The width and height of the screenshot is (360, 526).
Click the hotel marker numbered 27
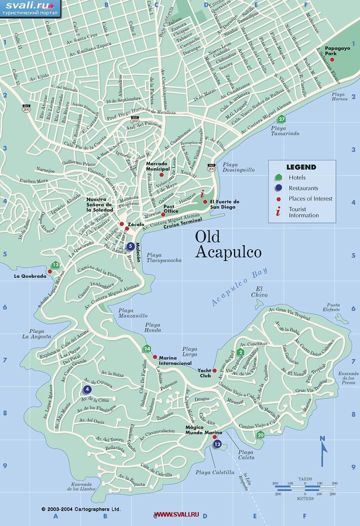281,119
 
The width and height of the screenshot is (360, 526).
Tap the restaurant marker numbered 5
130,246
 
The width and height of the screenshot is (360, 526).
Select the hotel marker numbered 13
56,265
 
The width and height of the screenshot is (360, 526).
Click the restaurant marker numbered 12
217,445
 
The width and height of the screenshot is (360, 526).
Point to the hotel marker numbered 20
260,434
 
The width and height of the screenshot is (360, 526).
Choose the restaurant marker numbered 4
87,389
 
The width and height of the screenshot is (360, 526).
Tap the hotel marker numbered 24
146,349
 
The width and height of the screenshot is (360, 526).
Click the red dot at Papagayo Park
332,60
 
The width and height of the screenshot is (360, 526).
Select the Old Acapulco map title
228,244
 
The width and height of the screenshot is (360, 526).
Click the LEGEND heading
301,167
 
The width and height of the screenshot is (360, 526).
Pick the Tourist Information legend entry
304,212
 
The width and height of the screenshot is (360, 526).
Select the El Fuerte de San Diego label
224,204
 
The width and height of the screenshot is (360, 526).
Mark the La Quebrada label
30,276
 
